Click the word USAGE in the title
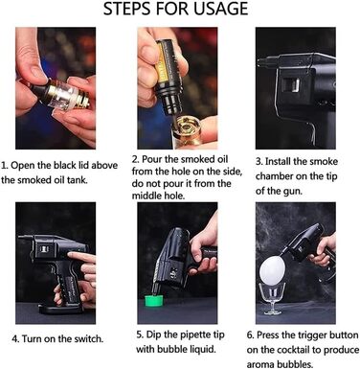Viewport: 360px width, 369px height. [x=221, y=9]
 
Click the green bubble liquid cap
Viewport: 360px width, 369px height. [x=154, y=301]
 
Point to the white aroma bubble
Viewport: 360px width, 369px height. [x=272, y=269]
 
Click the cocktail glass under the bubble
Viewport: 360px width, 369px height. [x=272, y=298]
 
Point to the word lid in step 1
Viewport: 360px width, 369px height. [x=84, y=166]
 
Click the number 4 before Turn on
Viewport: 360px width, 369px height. [x=14, y=339]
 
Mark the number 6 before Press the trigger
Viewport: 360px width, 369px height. [x=250, y=335]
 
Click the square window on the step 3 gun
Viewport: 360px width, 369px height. [x=292, y=85]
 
